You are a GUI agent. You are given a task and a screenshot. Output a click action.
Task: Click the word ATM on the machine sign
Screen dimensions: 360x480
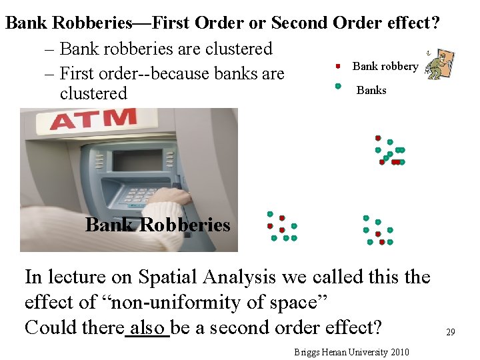(x=93, y=119)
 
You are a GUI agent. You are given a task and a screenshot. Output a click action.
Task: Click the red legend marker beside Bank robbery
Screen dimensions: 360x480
(x=338, y=66)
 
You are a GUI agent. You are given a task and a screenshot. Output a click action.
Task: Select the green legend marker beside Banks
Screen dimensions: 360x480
(x=338, y=86)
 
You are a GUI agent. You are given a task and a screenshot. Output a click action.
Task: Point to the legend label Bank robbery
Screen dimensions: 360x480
(x=385, y=66)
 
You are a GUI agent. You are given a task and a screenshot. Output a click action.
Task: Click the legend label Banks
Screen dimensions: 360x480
(x=371, y=90)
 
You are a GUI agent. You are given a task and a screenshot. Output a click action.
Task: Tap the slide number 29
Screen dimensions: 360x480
(x=450, y=331)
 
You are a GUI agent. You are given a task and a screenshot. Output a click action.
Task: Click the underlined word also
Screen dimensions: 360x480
(x=147, y=327)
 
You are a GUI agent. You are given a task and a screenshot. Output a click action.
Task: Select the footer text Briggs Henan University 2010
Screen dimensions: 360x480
(x=351, y=352)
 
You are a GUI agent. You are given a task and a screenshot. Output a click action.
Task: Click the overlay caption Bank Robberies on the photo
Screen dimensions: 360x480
(x=157, y=225)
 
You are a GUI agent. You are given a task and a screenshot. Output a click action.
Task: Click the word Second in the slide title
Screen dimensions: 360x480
(x=299, y=23)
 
